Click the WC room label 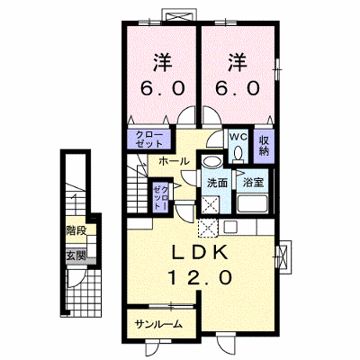238,138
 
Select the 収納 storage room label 264,146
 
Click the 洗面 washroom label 218,183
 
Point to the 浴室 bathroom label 253,182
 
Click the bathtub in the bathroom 252,204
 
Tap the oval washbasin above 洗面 211,162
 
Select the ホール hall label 174,161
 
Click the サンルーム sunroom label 158,324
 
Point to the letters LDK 199,253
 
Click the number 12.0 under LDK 200,277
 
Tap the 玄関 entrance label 76,256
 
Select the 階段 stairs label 76,231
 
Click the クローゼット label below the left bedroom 149,139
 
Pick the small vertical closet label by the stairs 160,197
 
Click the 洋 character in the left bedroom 163,62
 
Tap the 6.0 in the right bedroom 237,88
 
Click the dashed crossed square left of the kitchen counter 208,229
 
